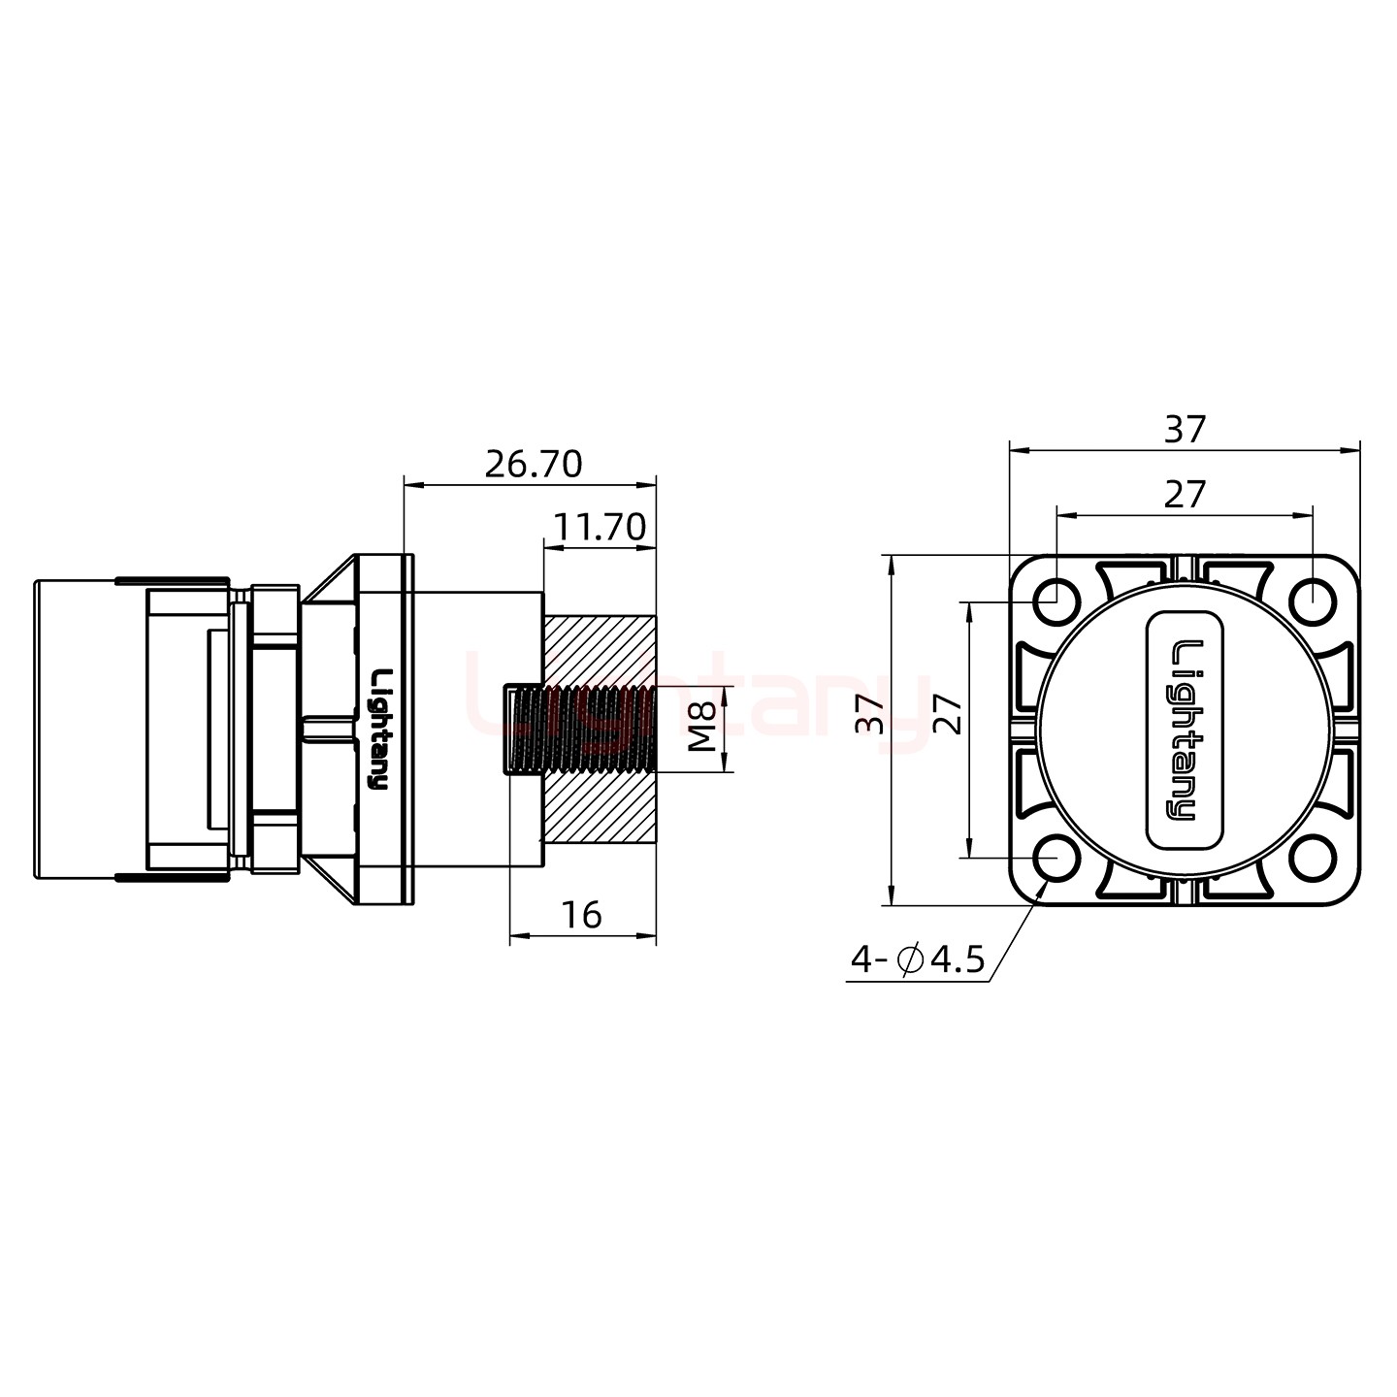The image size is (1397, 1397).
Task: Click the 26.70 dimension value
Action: [x=533, y=465]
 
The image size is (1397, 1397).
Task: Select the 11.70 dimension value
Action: [x=599, y=528]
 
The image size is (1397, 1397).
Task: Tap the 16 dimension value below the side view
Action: [x=582, y=915]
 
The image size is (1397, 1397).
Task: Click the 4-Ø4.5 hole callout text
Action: [x=917, y=960]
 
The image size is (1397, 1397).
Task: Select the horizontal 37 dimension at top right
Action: [x=1185, y=430]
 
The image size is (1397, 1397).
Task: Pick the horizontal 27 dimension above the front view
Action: [x=1184, y=496]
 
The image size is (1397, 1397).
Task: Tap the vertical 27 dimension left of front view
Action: [x=950, y=715]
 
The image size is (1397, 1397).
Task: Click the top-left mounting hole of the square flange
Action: [x=1056, y=599]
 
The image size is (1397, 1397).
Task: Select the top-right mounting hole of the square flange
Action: [x=1314, y=599]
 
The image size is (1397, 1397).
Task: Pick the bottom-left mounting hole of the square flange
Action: [x=1056, y=859]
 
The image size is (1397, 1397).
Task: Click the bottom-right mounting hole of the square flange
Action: [x=1314, y=859]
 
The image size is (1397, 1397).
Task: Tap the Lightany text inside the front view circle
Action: [x=1186, y=729]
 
